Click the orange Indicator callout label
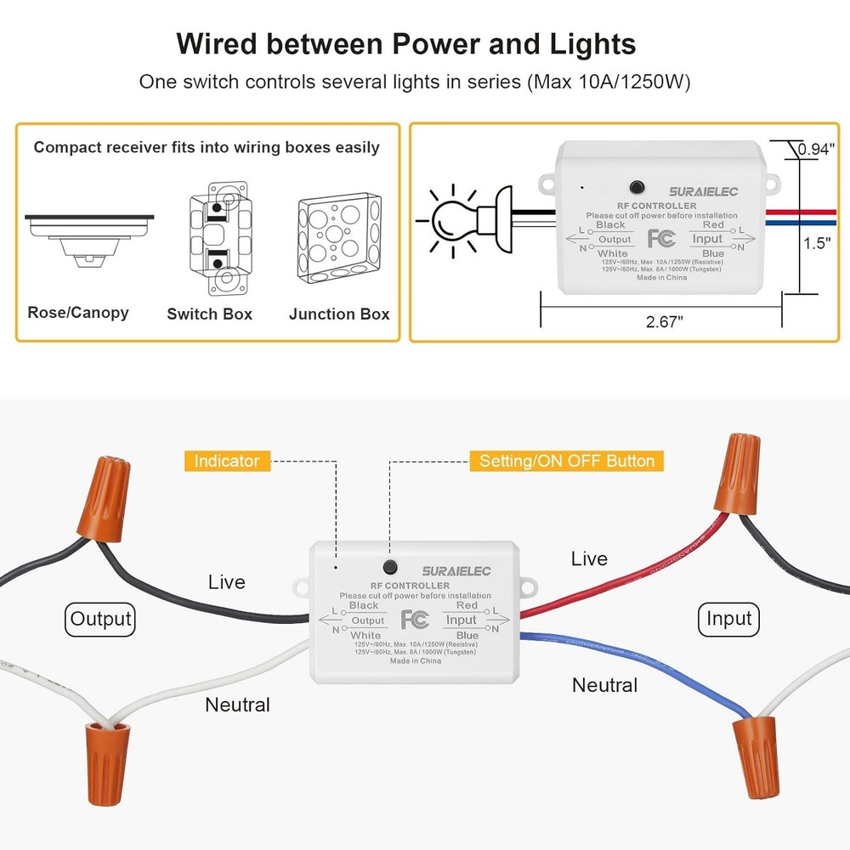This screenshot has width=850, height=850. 226,461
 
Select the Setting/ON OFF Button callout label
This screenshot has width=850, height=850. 567,461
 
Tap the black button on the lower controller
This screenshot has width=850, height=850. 390,566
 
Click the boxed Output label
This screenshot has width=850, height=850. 101,619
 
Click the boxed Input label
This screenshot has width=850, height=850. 728,619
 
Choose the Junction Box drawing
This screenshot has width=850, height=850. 338,241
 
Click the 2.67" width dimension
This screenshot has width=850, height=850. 663,320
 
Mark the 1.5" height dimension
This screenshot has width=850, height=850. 817,243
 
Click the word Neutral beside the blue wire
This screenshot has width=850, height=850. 604,685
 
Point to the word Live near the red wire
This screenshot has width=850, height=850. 589,558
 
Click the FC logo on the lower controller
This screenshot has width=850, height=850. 414,619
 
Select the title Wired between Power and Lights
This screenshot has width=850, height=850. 405,44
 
